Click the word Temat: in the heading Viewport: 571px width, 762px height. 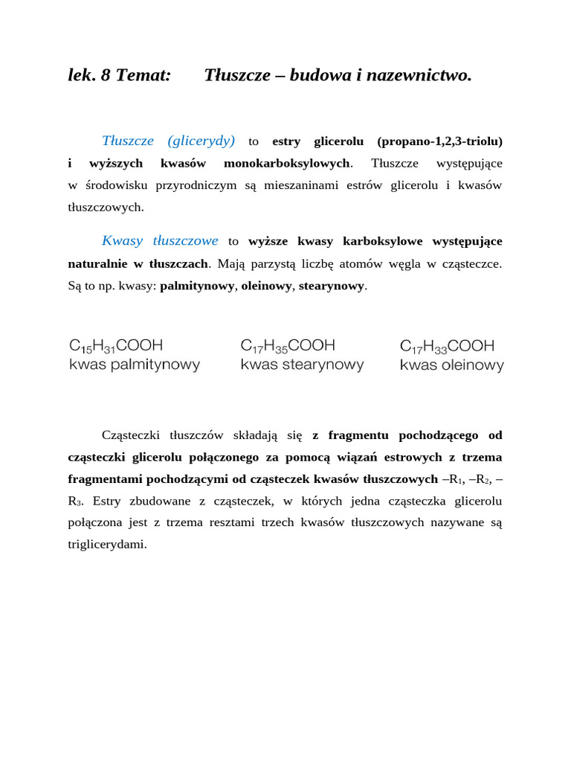(x=143, y=75)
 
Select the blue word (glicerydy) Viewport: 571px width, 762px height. (x=201, y=141)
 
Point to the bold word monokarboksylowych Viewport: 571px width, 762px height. (x=286, y=163)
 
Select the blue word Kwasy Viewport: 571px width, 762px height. (x=123, y=241)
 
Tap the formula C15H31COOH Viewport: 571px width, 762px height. (x=116, y=346)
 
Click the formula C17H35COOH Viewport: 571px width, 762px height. (x=288, y=346)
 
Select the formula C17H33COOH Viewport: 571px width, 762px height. (x=448, y=346)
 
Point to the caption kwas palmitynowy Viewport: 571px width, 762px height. (x=135, y=365)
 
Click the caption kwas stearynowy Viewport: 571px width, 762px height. (x=302, y=365)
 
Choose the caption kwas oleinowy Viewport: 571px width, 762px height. (x=452, y=365)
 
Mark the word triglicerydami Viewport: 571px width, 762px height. (x=107, y=545)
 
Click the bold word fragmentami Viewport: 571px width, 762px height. (x=106, y=478)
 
